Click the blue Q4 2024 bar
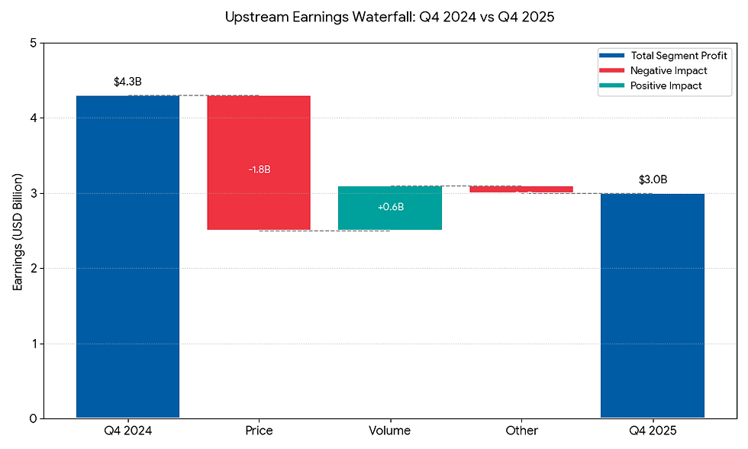click(x=128, y=257)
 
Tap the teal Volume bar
click(x=389, y=208)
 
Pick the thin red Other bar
click(x=521, y=189)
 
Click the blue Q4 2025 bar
click(x=652, y=305)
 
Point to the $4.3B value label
click(x=127, y=82)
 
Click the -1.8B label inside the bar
click(x=259, y=169)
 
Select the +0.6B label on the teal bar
click(x=390, y=207)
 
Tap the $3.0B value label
click(x=653, y=180)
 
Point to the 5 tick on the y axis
click(x=33, y=44)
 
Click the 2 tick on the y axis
click(x=33, y=269)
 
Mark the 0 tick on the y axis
click(x=33, y=418)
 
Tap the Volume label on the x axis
click(x=389, y=431)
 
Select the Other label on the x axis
click(x=521, y=431)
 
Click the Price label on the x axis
click(x=259, y=431)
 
